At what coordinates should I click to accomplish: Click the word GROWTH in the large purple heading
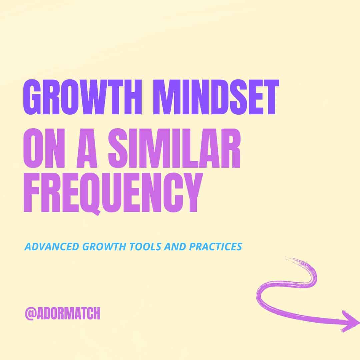82,97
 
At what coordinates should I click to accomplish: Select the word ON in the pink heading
44,148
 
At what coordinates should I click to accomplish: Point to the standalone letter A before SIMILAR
87,148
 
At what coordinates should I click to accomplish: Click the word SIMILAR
174,148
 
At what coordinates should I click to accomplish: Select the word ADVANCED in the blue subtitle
52,247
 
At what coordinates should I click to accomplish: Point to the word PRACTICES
216,247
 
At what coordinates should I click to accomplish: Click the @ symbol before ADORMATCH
31,313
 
